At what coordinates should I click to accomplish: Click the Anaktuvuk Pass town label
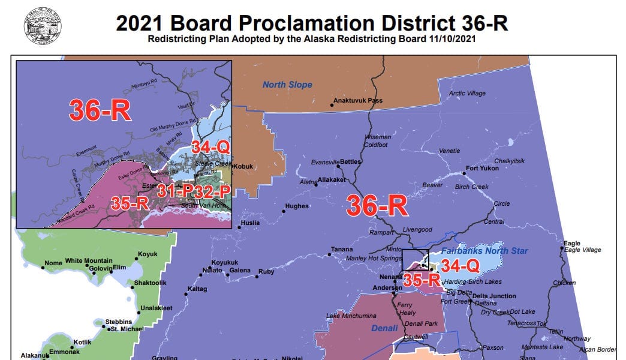[x=358, y=101]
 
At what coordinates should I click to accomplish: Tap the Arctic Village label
[x=468, y=94]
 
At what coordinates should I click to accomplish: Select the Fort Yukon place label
[x=483, y=169]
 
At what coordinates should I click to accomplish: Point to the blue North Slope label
[x=287, y=85]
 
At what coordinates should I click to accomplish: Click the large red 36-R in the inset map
[x=100, y=110]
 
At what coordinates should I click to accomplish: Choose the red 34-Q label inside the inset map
[x=210, y=146]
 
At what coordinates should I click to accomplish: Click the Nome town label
[x=53, y=263]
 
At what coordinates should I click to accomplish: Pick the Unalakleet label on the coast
[x=156, y=308]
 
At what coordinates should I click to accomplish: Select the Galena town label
[x=240, y=271]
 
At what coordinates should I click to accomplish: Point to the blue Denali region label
[x=384, y=328]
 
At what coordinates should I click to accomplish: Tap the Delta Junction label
[x=493, y=296]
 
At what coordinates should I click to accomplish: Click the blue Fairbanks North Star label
[x=484, y=250]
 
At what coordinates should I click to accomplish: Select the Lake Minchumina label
[x=351, y=316]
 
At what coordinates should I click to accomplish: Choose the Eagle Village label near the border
[x=582, y=250]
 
